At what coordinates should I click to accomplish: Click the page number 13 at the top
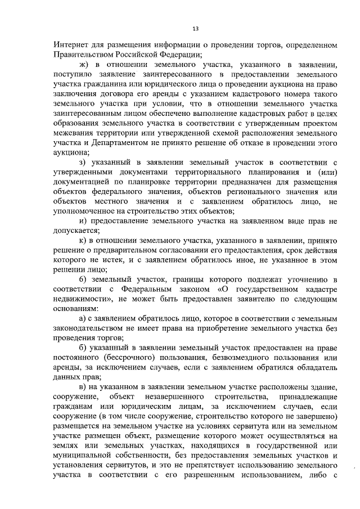pos(195,29)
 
